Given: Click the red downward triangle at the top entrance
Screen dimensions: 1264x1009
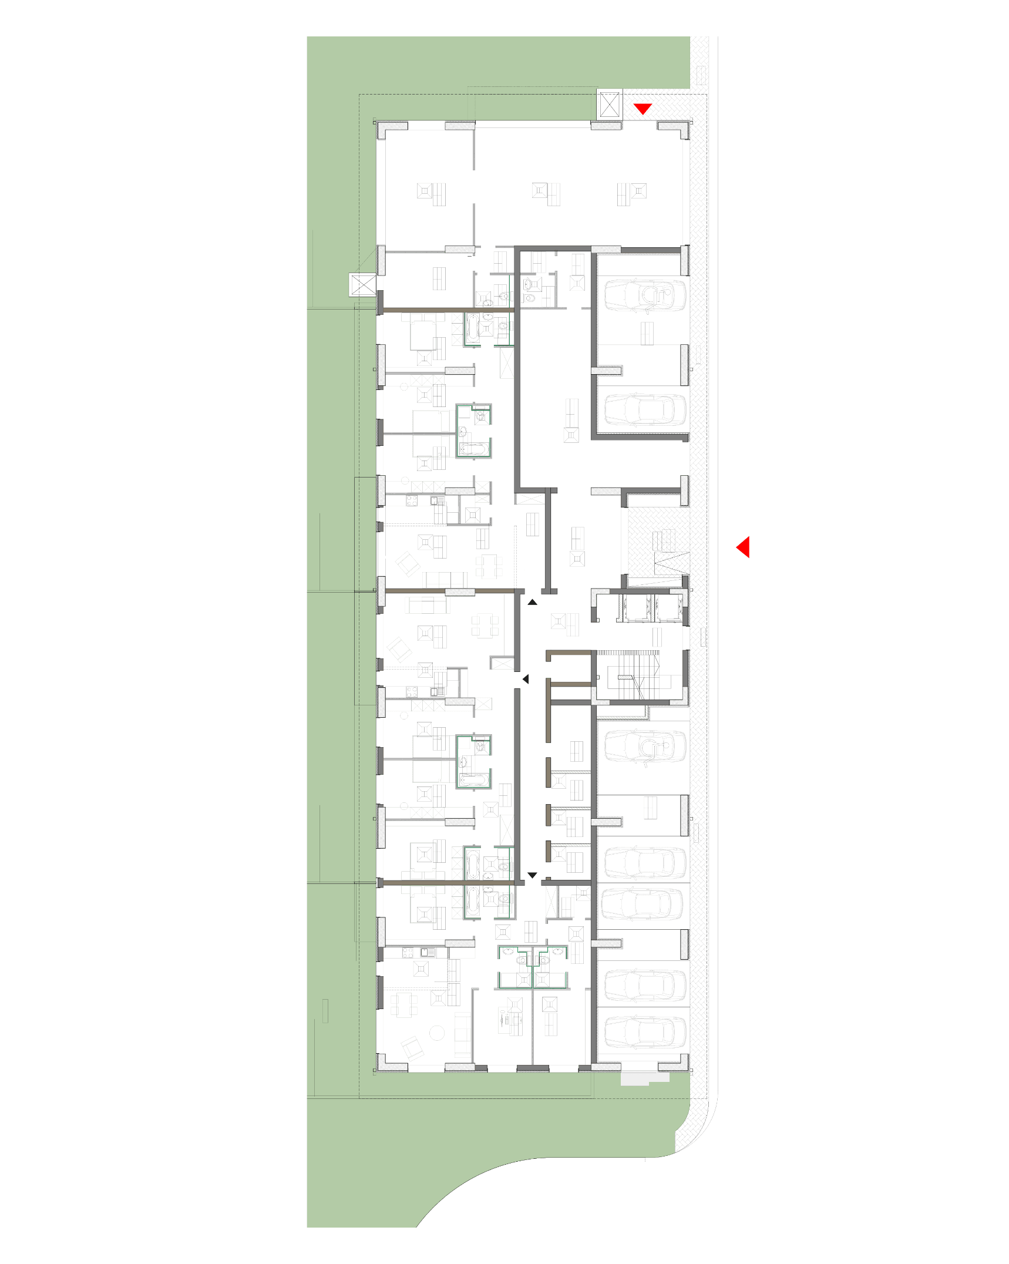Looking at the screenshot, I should (x=643, y=109).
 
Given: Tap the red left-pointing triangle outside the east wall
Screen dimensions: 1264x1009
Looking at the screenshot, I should (x=744, y=547).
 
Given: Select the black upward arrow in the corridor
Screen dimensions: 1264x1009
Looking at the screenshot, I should (x=532, y=602).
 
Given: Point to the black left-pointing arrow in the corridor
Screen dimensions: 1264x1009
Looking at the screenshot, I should (x=526, y=679).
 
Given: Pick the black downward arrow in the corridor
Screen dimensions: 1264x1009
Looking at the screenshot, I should (x=532, y=875).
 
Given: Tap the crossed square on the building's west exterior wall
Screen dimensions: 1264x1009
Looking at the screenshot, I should (x=362, y=285).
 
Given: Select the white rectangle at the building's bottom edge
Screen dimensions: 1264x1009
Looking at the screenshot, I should (x=644, y=1077).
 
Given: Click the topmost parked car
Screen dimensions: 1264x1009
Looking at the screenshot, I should (x=645, y=295).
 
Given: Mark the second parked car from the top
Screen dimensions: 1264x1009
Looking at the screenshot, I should (x=645, y=409).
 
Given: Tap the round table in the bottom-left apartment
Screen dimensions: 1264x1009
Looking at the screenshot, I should (x=437, y=1033).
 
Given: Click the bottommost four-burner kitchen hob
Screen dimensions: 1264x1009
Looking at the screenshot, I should (x=408, y=953).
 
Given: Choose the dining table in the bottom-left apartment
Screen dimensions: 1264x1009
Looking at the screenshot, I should (x=404, y=1006).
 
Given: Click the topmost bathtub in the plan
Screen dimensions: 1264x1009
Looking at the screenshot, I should (x=473, y=329).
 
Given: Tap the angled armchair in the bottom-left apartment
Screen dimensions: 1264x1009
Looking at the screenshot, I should (x=412, y=1047).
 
